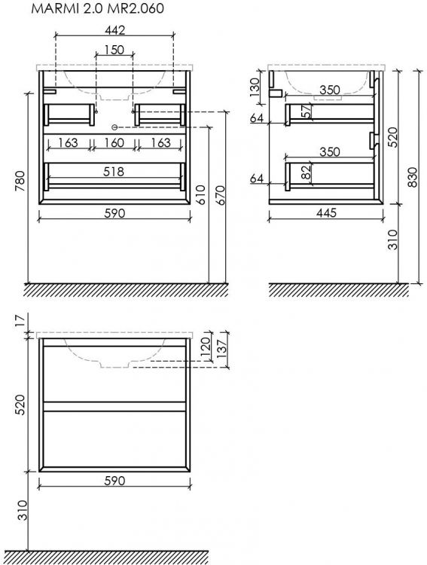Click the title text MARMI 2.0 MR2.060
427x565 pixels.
click(x=98, y=8)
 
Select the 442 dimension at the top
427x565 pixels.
click(x=114, y=30)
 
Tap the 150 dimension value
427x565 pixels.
click(x=114, y=50)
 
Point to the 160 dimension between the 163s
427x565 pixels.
click(x=114, y=143)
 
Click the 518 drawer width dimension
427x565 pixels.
click(x=114, y=172)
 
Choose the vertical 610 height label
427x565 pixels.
click(x=200, y=195)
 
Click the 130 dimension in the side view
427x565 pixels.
click(x=255, y=87)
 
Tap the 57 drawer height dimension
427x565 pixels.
click(x=306, y=111)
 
